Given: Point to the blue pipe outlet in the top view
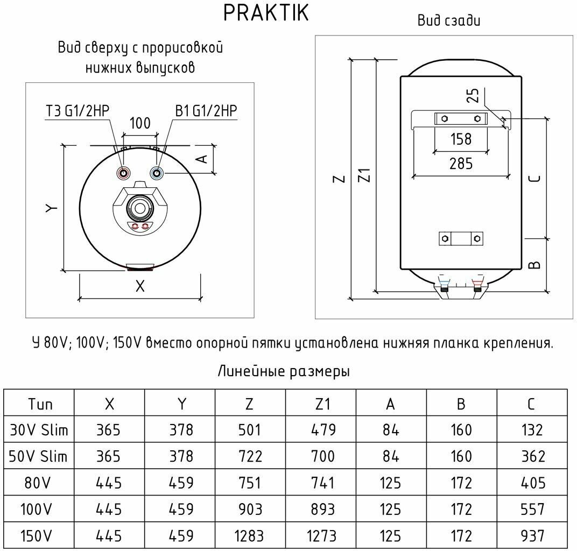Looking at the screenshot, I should (x=157, y=173).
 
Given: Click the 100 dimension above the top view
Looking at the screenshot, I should (x=140, y=123).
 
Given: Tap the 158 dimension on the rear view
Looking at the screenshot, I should (x=461, y=139).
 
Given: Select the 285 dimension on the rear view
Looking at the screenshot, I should (x=460, y=163).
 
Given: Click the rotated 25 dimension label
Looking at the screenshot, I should (x=473, y=96).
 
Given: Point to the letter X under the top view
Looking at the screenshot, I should (x=140, y=287).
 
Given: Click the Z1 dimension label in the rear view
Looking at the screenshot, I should (x=365, y=175).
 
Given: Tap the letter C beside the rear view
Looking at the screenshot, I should (x=535, y=178).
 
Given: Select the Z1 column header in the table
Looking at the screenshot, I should (x=323, y=404).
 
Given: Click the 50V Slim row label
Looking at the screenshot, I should (x=39, y=456).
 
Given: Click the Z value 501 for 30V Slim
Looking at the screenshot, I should (x=249, y=430).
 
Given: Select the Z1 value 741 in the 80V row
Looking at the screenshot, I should (x=323, y=483).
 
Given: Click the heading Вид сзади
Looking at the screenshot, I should (x=449, y=21).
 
